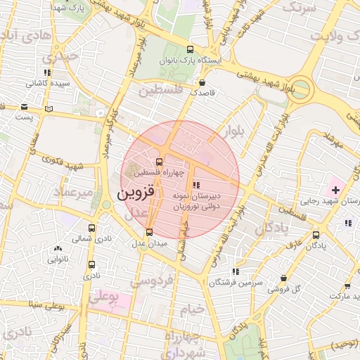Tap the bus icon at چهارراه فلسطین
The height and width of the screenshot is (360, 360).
[158, 162]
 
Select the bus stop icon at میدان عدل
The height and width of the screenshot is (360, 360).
[149, 232]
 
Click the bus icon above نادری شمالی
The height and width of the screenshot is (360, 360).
[92, 228]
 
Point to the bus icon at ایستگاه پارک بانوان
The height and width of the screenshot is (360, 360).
[190, 49]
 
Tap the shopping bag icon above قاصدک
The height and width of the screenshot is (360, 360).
[202, 82]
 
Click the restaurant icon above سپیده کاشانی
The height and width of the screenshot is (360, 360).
[47, 72]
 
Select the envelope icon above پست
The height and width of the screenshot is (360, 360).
[25, 107]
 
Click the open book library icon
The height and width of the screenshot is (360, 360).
[48, 108]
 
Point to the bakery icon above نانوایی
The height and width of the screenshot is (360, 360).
[58, 248]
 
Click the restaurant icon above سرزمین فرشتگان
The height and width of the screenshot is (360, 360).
[235, 271]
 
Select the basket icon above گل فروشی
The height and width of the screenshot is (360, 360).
[283, 278]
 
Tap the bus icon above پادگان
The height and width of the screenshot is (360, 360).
[316, 235]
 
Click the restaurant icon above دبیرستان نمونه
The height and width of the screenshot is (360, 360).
[195, 185]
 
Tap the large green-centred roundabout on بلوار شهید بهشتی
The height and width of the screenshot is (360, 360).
[300, 89]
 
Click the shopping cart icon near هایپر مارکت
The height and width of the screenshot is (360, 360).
[347, 285]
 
